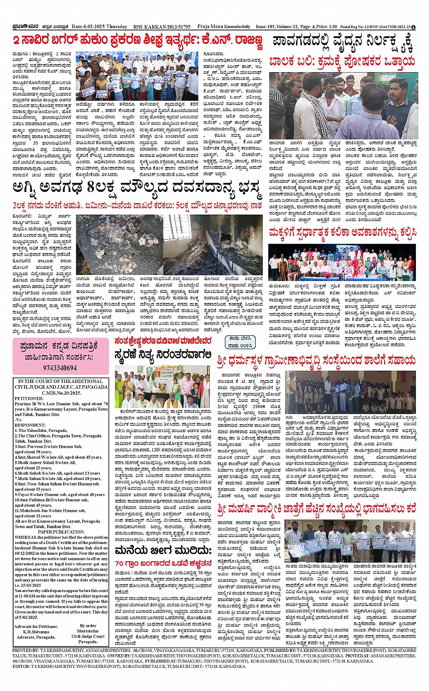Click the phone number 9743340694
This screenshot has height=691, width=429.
click(x=60, y=368)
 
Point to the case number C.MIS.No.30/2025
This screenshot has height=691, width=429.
click(x=61, y=393)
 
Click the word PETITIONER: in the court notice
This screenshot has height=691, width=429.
click(x=29, y=398)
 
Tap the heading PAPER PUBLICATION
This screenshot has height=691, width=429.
click(x=61, y=532)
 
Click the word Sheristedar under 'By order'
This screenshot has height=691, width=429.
click(x=88, y=631)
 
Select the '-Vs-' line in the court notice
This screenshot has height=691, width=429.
click(x=19, y=420)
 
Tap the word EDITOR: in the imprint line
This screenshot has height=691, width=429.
click(x=21, y=666)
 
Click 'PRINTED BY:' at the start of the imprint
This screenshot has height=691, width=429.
click(x=26, y=651)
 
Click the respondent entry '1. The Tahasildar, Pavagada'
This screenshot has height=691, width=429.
click(x=41, y=431)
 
